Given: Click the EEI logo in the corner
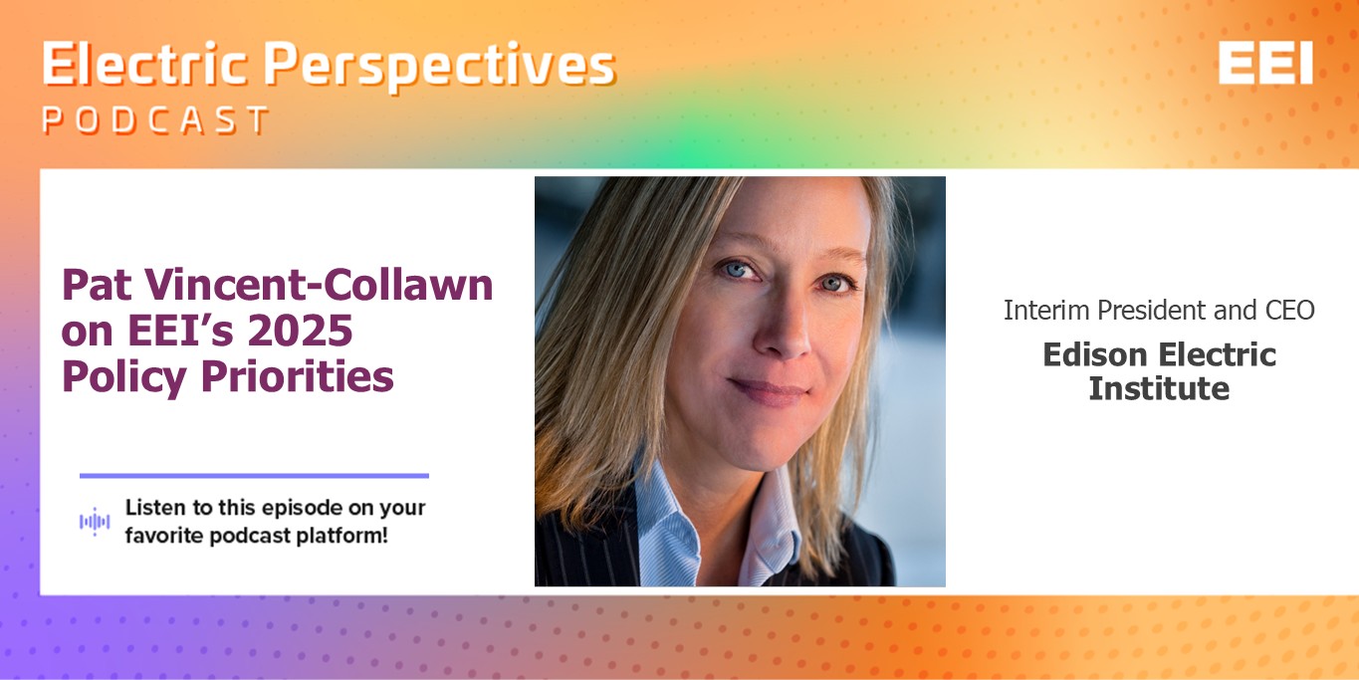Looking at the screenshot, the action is pyautogui.click(x=1265, y=63).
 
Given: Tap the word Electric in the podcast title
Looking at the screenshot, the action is pyautogui.click(x=144, y=64).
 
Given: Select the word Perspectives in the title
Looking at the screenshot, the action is pyautogui.click(x=440, y=67).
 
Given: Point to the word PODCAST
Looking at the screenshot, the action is pyautogui.click(x=156, y=119).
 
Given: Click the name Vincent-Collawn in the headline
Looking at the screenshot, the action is pyautogui.click(x=319, y=285).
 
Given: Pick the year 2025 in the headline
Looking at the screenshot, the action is pyautogui.click(x=300, y=331).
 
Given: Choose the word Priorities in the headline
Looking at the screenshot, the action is pyautogui.click(x=298, y=377).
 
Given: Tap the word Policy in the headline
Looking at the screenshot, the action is pyautogui.click(x=123, y=377).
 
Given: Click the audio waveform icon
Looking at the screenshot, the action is pyautogui.click(x=95, y=522).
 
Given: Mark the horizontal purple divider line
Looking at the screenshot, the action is pyautogui.click(x=254, y=476).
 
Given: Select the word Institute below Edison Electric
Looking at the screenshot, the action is pyautogui.click(x=1159, y=388).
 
